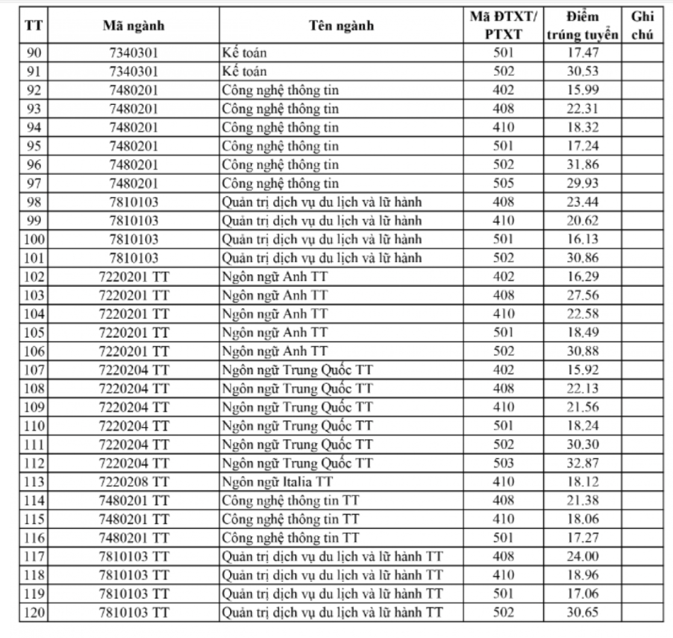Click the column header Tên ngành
click(341, 25)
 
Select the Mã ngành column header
click(133, 25)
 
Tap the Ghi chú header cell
click(642, 25)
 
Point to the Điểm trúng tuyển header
click(583, 25)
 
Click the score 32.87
click(583, 463)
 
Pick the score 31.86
click(583, 164)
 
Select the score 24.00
click(583, 557)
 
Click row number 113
click(35, 482)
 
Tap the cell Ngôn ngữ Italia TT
click(277, 482)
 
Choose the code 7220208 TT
click(133, 482)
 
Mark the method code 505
click(503, 183)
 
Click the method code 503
click(503, 463)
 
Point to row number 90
click(35, 53)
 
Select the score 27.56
click(583, 295)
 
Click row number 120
click(35, 613)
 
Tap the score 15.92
click(583, 370)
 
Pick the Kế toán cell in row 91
click(244, 72)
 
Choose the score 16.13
click(583, 239)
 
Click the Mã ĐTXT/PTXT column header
click(503, 25)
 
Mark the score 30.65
click(583, 613)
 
